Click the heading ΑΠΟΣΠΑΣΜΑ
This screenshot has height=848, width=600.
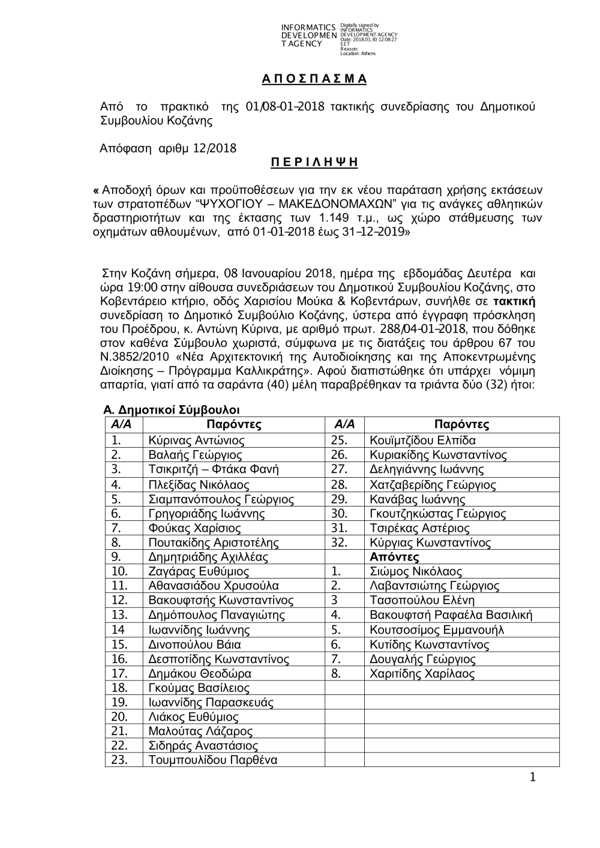314,79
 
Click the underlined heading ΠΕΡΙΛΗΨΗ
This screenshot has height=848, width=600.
311,163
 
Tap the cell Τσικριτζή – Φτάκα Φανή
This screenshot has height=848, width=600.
214,469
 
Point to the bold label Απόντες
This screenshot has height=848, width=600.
394,557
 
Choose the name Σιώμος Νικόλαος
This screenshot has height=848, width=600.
416,571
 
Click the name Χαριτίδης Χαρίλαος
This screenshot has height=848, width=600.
422,673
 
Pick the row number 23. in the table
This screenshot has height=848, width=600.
120,760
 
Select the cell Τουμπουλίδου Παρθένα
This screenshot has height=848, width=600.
213,760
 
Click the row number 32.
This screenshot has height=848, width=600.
340,543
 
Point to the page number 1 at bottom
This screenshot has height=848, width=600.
532,778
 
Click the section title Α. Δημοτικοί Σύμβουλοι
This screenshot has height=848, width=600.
172,410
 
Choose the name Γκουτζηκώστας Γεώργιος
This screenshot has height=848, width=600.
438,514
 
